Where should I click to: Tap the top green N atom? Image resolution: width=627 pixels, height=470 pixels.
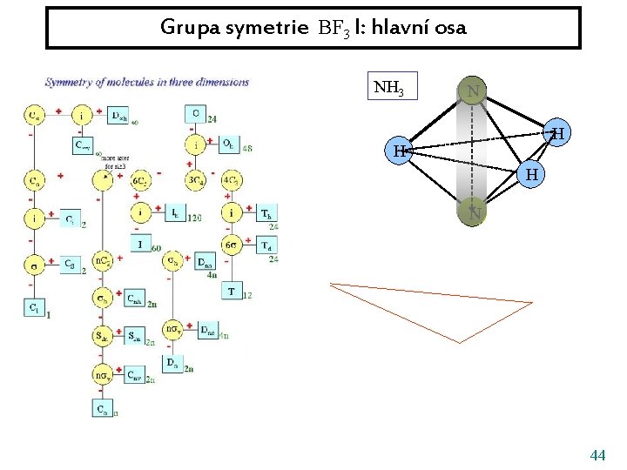pos(472,91)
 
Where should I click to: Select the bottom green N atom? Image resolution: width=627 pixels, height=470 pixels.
pos(472,210)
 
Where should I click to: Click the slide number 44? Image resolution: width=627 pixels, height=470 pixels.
pos(597,455)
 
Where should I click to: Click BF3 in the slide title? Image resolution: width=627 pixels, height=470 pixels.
pos(334,28)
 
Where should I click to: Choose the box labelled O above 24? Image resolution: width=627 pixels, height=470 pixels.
pos(195,113)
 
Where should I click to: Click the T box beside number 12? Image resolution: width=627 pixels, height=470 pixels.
pos(232,291)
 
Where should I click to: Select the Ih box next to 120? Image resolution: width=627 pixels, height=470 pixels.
pos(176,213)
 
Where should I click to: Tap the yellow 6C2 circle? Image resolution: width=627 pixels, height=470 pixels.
pos(141,180)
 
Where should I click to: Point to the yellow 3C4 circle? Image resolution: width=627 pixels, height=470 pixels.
pos(196,180)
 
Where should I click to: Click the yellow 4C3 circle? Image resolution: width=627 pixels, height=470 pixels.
pos(232,180)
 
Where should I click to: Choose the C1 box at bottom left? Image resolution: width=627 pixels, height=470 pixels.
pos(32,305)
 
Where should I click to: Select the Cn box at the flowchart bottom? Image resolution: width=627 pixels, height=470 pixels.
pos(102,407)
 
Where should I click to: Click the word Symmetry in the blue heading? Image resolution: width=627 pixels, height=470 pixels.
pos(70,83)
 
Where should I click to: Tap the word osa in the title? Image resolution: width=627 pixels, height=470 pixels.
pos(450,28)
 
